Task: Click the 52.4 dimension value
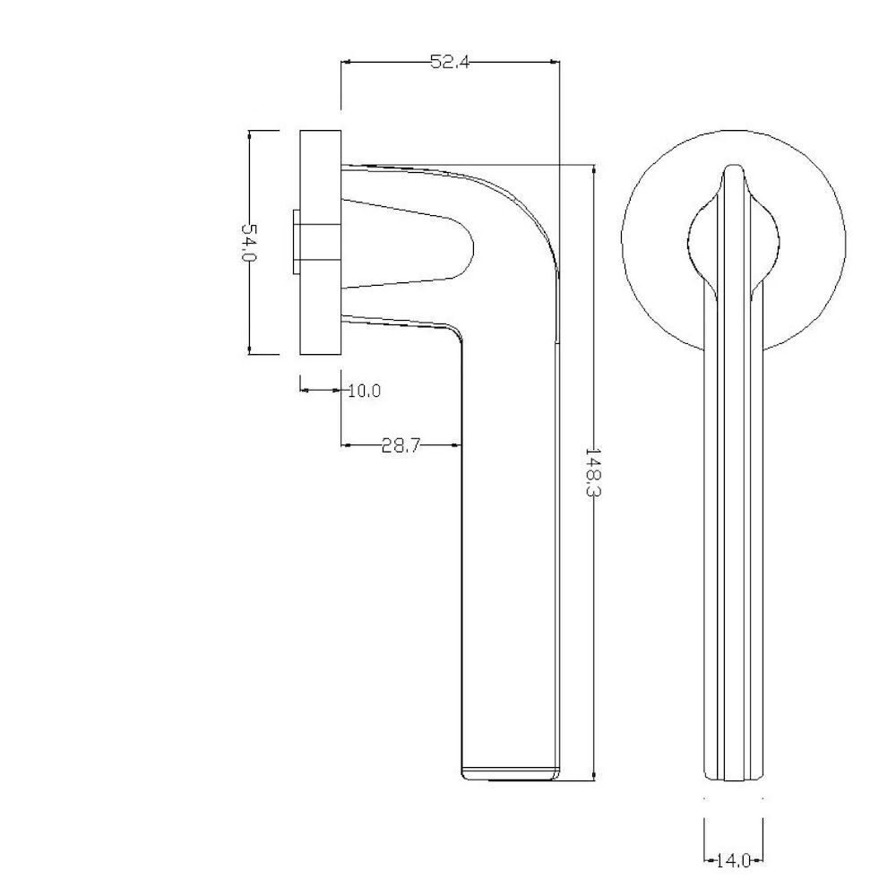450,62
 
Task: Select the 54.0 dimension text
250,242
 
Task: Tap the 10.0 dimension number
365,391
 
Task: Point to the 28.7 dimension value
401,445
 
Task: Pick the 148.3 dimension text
594,472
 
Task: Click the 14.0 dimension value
733,860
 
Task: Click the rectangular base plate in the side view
321,242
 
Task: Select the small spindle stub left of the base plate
296,242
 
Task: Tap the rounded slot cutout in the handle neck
409,244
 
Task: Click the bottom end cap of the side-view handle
511,774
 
